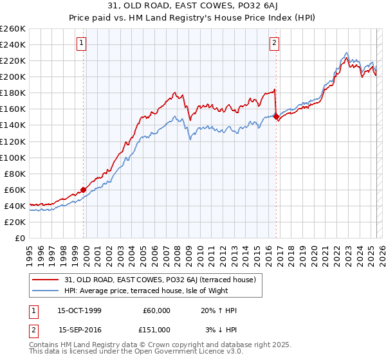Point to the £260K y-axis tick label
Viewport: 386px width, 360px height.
(x=13, y=29)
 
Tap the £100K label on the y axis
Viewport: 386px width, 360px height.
(x=13, y=157)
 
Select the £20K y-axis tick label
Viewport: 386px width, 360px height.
(x=15, y=222)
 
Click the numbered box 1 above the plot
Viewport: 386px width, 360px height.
(x=82, y=44)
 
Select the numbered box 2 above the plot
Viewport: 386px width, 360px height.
(x=274, y=44)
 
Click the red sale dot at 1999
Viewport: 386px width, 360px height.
(x=83, y=190)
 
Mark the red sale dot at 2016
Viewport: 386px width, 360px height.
(x=276, y=116)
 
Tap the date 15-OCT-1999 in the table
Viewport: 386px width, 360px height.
(x=79, y=310)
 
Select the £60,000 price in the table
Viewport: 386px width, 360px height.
(x=156, y=310)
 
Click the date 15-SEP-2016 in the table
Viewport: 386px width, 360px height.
(x=79, y=329)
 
